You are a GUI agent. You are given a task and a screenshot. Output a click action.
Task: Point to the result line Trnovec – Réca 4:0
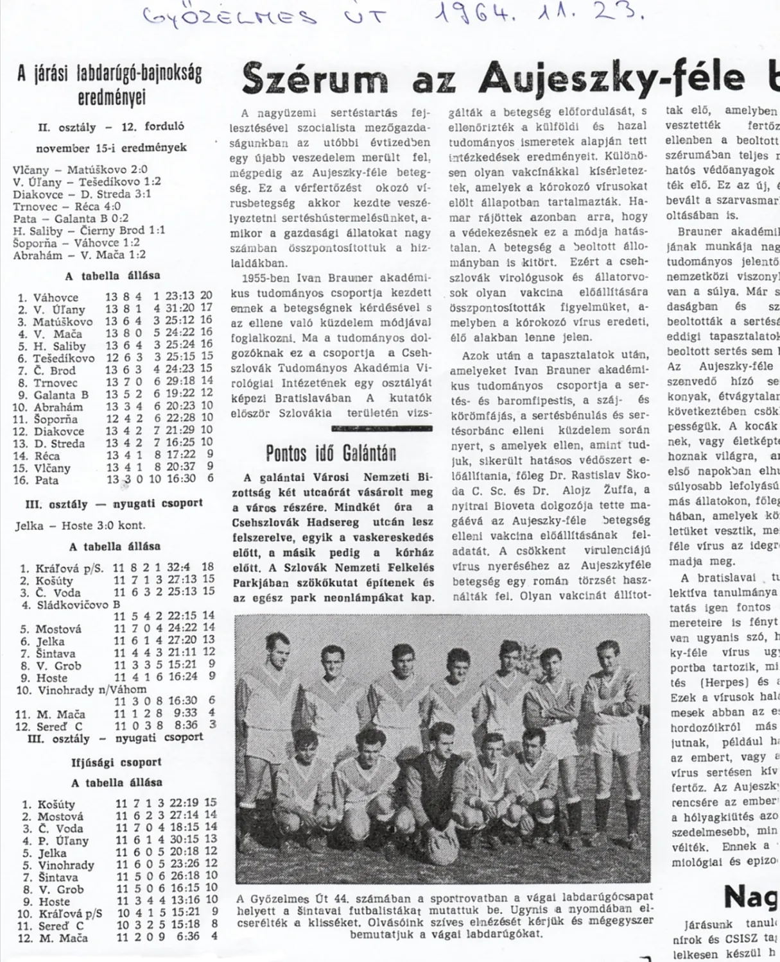[x=67, y=207]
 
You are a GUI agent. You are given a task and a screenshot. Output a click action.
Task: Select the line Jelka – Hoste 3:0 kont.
[x=80, y=525]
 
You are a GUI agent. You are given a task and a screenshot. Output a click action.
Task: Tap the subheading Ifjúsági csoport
[x=116, y=762]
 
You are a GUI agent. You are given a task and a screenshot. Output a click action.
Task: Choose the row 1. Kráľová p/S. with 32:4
[x=116, y=568]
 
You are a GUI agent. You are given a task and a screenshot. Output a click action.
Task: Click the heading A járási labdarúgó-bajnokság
[x=110, y=74]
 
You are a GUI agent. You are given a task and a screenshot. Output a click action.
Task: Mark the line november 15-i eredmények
[x=111, y=148]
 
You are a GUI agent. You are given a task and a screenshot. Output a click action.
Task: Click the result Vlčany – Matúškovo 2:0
[x=80, y=170]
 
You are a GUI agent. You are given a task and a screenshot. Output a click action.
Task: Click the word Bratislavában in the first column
[x=315, y=398]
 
